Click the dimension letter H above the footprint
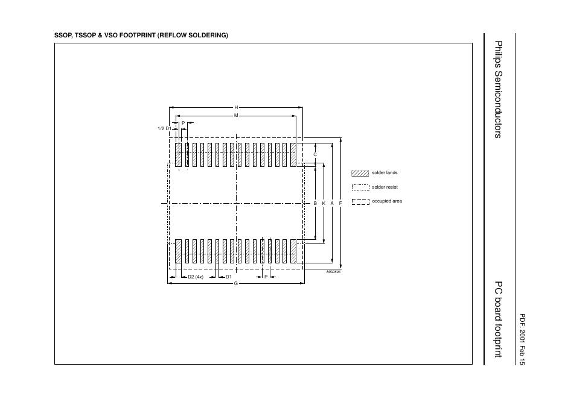236,107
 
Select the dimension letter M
236,115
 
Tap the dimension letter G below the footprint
235,283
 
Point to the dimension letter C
314,155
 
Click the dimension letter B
315,204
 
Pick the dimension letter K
324,204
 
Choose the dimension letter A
332,204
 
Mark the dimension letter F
340,204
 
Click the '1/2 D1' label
164,128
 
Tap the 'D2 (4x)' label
196,277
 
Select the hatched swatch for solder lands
360,173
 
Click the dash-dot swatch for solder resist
360,187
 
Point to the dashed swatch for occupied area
360,201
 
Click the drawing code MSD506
333,272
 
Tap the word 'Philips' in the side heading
498,52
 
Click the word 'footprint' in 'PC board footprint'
498,338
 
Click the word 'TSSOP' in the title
85,36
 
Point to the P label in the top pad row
183,123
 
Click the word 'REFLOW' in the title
171,36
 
